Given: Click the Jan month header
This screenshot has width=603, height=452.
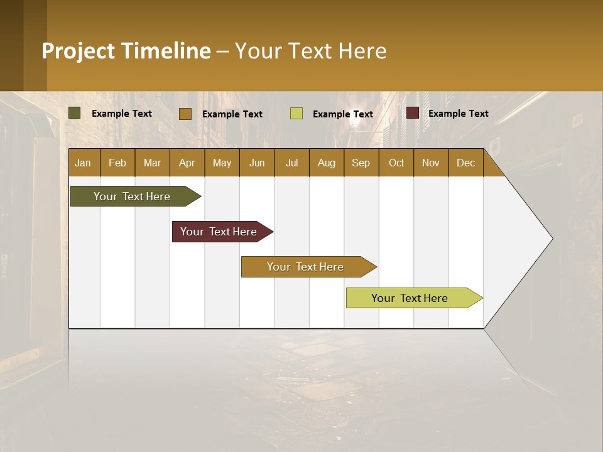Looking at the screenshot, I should click(83, 163).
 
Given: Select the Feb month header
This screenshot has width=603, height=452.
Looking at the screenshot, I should click(117, 163).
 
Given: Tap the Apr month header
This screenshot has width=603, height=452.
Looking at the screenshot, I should click(187, 163).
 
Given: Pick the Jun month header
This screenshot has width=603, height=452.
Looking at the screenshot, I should click(257, 163).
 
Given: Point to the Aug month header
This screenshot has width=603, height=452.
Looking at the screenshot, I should click(326, 163).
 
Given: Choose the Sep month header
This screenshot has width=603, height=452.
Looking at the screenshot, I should click(361, 163).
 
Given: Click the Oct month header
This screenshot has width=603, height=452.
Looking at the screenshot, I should click(396, 163).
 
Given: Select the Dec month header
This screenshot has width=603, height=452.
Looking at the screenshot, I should click(465, 163).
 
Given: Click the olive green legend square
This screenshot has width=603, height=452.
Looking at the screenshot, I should click(75, 113).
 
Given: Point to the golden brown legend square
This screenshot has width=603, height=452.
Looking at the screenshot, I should click(185, 114).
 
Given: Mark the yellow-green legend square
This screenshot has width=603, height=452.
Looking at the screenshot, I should click(296, 114).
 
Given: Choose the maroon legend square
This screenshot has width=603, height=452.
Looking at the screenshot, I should click(413, 113).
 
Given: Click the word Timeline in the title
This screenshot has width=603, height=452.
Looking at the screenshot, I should click(165, 51).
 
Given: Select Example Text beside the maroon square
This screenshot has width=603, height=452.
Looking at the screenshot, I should click(458, 114).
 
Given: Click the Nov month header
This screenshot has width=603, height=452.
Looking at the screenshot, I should click(431, 163).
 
